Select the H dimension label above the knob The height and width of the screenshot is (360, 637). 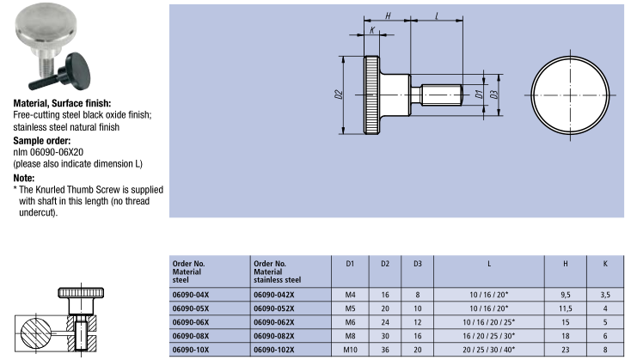point(388,15)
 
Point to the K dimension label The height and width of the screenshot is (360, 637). point(372,31)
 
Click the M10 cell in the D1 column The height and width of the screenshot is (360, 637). point(350,351)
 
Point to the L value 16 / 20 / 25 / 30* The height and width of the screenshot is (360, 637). point(489,336)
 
